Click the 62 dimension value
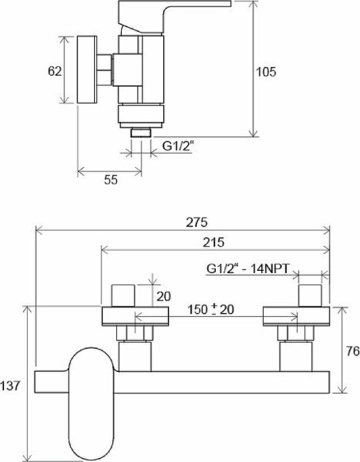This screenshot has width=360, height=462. click(x=55, y=72)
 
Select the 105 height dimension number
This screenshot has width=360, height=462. click(x=266, y=72)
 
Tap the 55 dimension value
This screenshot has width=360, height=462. click(x=111, y=179)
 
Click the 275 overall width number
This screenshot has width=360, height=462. click(x=197, y=222)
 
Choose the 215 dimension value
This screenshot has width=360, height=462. click(x=213, y=242)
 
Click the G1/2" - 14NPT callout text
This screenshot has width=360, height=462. click(x=248, y=268)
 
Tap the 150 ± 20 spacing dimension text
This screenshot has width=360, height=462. click(x=210, y=309)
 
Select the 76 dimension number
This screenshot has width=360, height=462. click(x=353, y=351)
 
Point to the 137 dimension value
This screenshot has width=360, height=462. click(x=10, y=386)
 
